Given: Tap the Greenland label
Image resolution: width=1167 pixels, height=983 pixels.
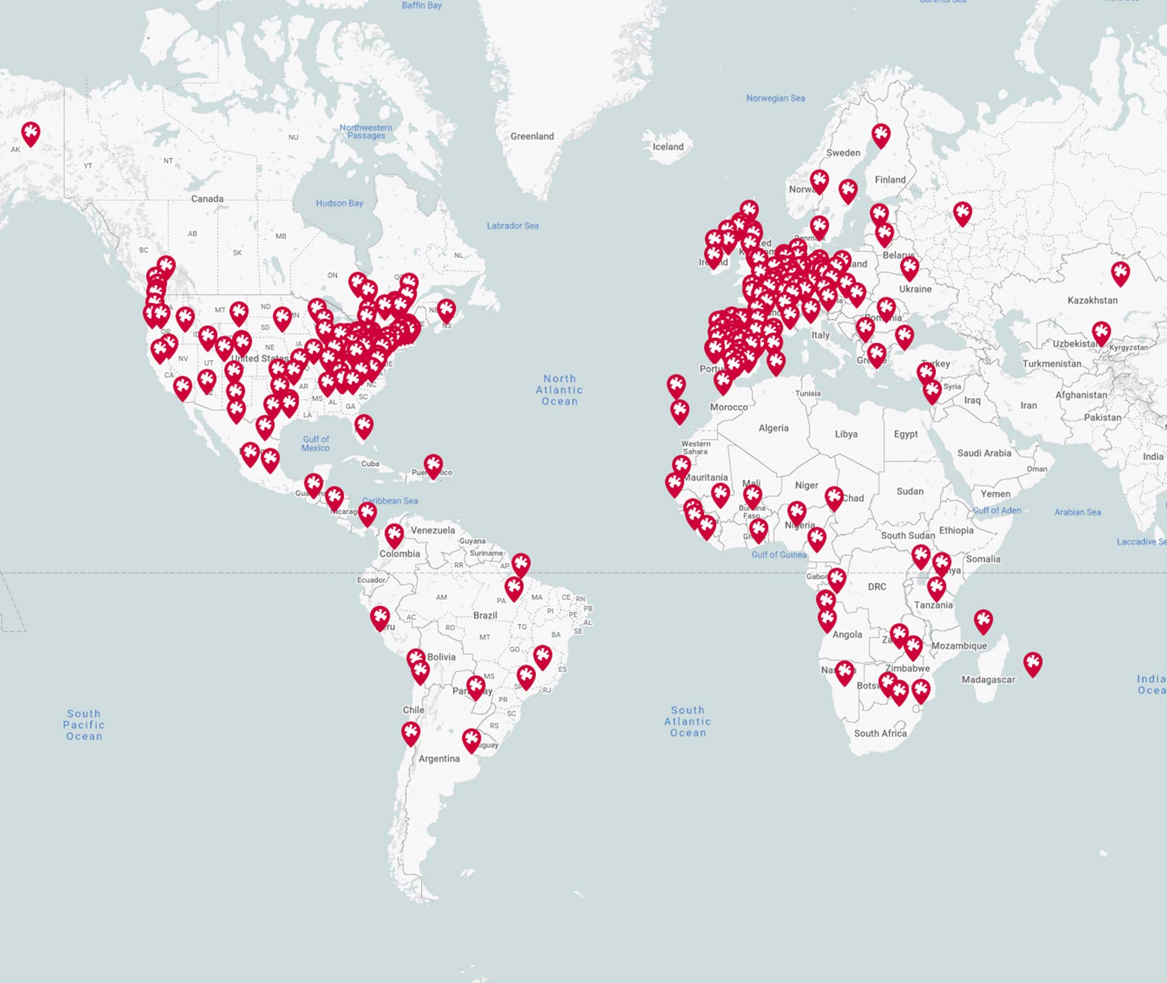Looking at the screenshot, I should coord(532,136).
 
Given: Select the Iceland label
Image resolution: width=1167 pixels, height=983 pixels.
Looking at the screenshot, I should coord(668,147).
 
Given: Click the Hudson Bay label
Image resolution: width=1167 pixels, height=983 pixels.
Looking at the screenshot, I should coord(339,203).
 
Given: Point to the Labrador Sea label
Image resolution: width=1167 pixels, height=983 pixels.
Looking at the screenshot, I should coord(512,226).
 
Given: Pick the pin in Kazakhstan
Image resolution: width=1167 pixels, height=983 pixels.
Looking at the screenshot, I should coord(1120,272).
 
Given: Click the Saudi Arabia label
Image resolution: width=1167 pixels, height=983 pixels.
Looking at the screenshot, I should coord(984,453).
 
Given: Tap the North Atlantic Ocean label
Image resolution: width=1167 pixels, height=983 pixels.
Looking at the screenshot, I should coord(559,390).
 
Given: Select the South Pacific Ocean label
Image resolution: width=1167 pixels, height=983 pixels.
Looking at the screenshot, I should coord(84,725).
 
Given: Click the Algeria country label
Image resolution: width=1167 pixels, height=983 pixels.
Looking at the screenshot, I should coord(773,428).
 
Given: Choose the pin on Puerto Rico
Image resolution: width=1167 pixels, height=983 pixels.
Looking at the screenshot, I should coord(433,465).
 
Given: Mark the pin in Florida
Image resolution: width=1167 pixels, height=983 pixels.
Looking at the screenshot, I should coord(364,425).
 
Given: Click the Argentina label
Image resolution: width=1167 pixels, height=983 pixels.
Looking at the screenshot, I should coord(439,759).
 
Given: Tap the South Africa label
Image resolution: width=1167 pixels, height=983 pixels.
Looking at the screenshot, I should coord(880,734).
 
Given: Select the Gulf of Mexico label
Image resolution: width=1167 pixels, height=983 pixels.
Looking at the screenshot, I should coord(316,444).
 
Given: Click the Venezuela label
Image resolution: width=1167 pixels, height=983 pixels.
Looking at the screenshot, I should coord(432,530).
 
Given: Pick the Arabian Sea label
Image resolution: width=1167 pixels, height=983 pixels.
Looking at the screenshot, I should coord(1077,512).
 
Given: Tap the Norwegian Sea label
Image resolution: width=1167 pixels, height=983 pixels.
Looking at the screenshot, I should coord(775,98).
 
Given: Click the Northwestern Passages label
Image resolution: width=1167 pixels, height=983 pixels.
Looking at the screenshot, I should coord(366,131).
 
